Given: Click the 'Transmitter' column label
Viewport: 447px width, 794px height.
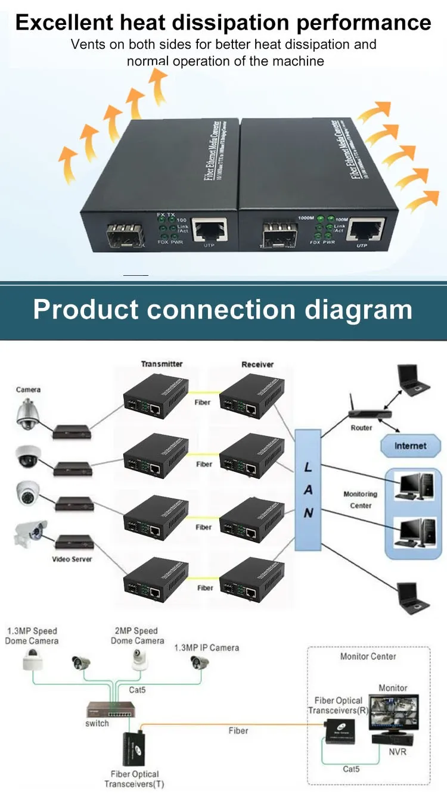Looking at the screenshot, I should (x=162, y=364).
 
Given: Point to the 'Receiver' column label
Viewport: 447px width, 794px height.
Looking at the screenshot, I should (x=257, y=364).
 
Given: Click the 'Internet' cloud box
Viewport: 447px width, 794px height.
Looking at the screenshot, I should (x=410, y=446).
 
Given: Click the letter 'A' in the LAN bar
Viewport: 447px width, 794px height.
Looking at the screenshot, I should (x=308, y=490).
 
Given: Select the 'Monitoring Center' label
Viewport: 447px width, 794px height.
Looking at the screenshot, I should (x=361, y=499).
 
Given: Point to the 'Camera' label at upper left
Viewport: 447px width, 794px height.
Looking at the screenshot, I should (x=28, y=390).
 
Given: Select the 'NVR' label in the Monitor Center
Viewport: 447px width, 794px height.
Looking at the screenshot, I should (x=397, y=752).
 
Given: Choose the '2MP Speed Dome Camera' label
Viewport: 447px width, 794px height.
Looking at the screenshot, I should (x=137, y=636).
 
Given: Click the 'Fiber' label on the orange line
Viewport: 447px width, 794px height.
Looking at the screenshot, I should (x=238, y=730).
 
